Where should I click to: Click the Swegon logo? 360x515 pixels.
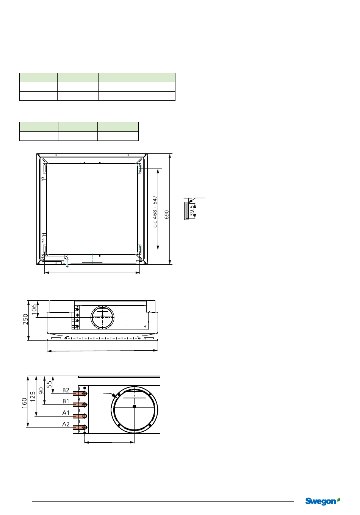click(322, 501)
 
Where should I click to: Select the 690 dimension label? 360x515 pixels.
click(167, 214)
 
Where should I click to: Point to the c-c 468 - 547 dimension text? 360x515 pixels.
click(155, 212)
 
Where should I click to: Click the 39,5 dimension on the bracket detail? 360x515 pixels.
click(192, 211)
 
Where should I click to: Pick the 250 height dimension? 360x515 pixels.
click(25, 319)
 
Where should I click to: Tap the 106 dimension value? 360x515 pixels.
click(34, 309)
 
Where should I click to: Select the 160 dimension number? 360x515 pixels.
click(24, 403)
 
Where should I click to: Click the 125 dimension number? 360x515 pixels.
click(33, 396)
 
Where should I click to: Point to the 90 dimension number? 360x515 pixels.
click(41, 391)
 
